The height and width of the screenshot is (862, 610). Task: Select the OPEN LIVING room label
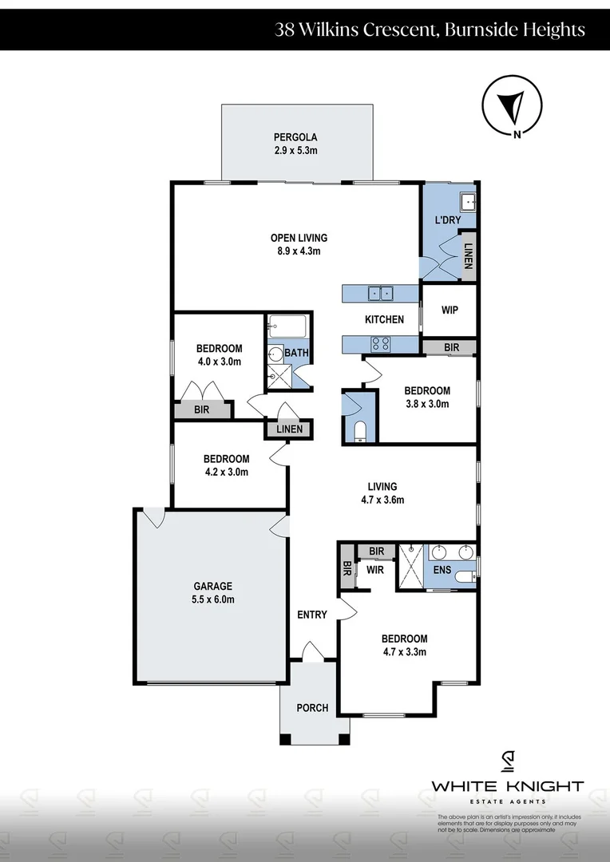[299, 237]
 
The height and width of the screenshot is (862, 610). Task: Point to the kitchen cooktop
[380, 344]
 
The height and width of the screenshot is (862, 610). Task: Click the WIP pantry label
[449, 310]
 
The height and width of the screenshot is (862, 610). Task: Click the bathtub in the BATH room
[287, 326]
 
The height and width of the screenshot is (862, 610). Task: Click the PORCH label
[312, 707]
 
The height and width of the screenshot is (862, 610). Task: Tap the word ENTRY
[311, 615]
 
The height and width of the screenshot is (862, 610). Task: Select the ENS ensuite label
[442, 570]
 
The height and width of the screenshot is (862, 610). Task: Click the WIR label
[376, 571]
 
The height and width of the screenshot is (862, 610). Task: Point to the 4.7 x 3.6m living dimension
[382, 500]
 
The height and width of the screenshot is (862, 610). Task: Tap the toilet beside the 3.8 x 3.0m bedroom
[358, 431]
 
